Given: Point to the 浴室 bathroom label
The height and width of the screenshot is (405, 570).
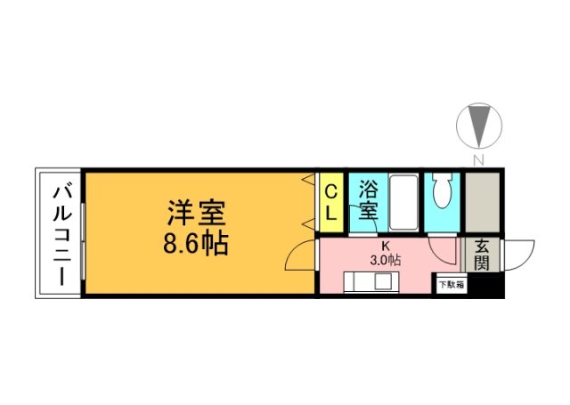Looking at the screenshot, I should coord(369,200).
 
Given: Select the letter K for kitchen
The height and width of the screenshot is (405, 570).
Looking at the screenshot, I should coord(386,246).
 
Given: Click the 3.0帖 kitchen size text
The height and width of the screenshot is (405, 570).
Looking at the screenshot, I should coord(386,261).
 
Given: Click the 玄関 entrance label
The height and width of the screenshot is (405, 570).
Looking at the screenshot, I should coord(481,255).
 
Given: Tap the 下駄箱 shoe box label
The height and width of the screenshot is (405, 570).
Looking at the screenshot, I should coord(450,286).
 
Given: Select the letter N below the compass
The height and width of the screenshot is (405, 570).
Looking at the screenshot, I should coord(478,160).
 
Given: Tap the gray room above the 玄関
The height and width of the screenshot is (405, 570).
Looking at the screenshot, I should coord(483,202).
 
